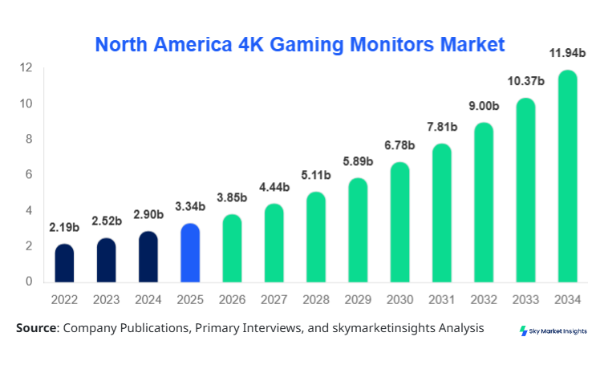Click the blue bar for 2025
pos(190,253)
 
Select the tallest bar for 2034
pos(567,176)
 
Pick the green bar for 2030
pos(399,222)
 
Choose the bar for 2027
pos(274,243)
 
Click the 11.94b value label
pos(567,55)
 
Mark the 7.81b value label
pos(441,127)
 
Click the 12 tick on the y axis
pos(26,67)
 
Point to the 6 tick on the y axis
pos(29,175)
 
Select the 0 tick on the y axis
pos(29,282)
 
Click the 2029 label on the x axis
pos(357,299)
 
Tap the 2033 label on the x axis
pos(525,299)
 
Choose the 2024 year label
pos(148,299)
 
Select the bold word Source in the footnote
pos(36,328)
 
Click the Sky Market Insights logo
pos(553,331)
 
